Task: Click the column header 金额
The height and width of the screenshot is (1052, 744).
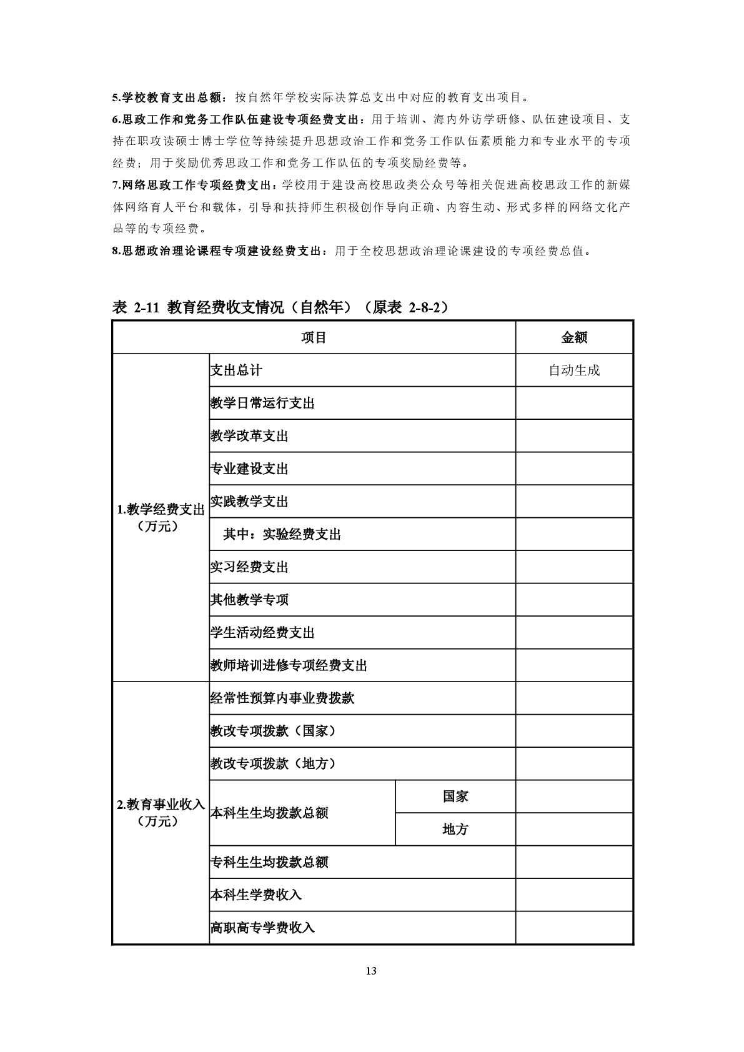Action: [573, 337]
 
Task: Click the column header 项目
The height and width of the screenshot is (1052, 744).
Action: [314, 337]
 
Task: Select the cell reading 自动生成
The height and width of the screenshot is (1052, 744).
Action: [573, 370]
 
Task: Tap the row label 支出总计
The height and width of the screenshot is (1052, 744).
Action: [236, 370]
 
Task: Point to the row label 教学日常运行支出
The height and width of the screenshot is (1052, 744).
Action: [262, 403]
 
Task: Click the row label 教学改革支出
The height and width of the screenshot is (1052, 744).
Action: [249, 436]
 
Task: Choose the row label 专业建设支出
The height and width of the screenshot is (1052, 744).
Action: [249, 469]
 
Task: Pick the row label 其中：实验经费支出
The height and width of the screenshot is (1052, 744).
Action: [282, 534]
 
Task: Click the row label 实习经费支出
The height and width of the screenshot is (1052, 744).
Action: [249, 567]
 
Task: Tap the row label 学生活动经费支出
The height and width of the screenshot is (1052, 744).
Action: [262, 633]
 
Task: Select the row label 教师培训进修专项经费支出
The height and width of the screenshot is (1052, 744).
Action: [289, 665]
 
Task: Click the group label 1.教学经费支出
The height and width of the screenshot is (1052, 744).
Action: [161, 510]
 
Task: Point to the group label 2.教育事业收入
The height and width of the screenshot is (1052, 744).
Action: [161, 805]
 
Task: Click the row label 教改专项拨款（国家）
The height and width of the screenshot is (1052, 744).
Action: [274, 731]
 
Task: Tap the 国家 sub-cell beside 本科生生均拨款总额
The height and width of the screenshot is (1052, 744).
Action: [455, 796]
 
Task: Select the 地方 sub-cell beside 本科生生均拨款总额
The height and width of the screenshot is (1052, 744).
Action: [455, 830]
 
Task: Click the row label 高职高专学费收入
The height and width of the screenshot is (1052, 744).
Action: [262, 928]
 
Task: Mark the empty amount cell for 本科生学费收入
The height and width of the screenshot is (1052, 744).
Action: [573, 895]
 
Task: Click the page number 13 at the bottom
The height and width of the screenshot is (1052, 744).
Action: [372, 971]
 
